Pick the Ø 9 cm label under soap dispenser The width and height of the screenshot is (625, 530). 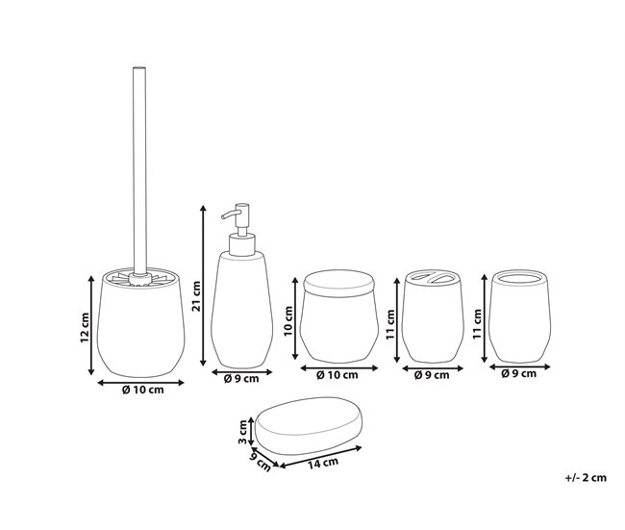(x=240, y=378)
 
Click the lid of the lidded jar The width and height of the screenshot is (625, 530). (x=336, y=282)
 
